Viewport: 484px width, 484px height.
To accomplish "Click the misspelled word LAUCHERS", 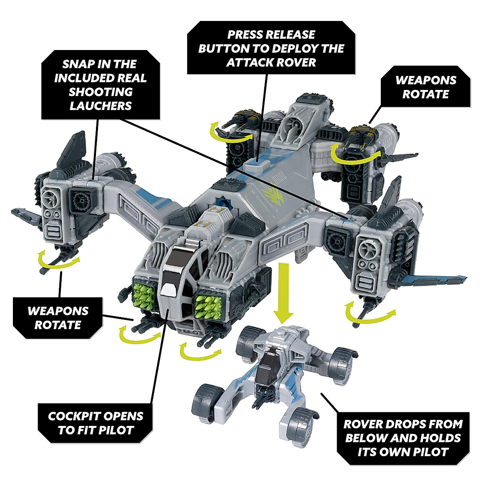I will (x=100, y=106).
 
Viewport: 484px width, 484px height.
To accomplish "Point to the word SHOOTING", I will (x=100, y=92).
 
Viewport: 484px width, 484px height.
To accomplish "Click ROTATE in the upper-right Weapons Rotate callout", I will (x=426, y=94).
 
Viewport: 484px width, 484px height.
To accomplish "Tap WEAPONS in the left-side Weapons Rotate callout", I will (x=58, y=311).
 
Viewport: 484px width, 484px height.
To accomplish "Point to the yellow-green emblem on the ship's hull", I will (x=276, y=190).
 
